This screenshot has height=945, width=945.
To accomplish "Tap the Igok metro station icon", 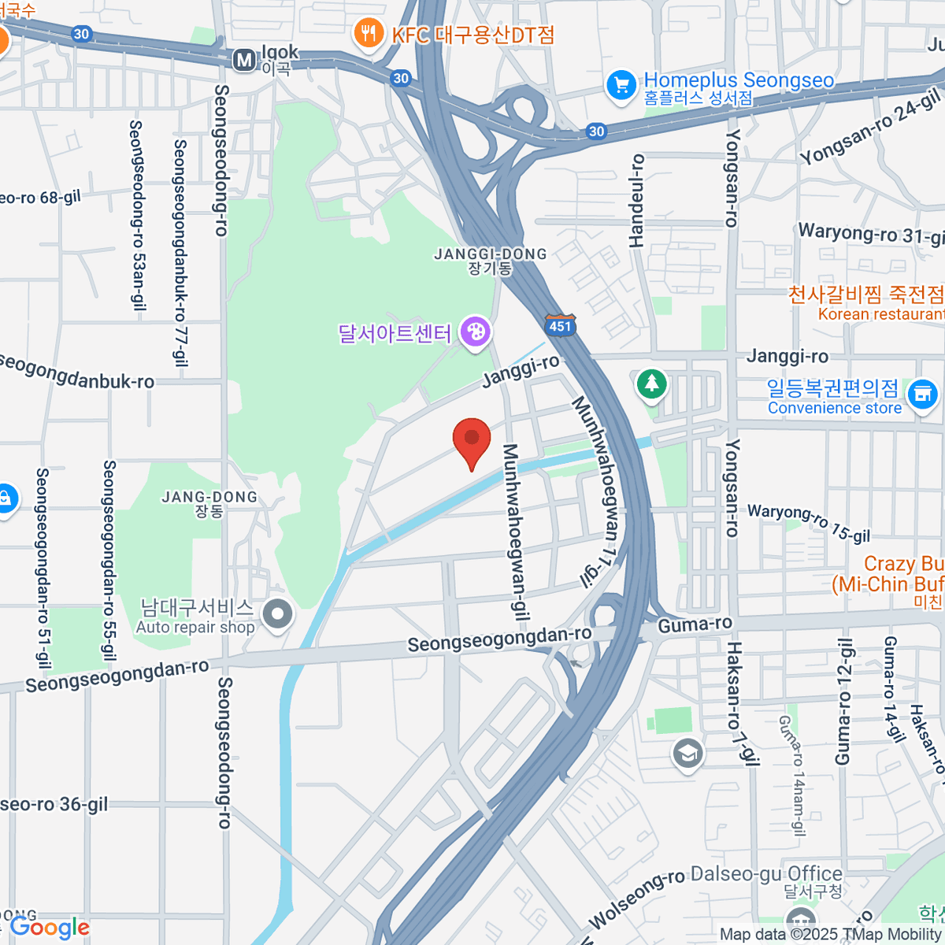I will pos(245,60).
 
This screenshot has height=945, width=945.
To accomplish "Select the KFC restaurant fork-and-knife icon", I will pos(368,33).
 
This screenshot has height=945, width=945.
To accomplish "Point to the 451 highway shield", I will pos(560,326).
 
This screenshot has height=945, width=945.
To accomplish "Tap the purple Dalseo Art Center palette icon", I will pos(476,332).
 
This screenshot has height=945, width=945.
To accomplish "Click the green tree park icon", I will pos(651,384).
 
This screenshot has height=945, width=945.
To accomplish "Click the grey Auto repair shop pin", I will pos(277,614).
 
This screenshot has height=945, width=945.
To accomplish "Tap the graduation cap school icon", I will pos(687,754).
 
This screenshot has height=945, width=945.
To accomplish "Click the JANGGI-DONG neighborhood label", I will pos(491,261).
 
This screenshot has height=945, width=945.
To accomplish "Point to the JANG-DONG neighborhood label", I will pos(209,503).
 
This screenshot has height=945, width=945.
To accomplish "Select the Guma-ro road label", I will pos(695,625).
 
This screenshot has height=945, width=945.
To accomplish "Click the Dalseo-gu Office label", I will pos(766,874).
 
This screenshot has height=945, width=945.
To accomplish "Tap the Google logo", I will pos(50,928).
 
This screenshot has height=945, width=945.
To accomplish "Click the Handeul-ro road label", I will pos(636,200).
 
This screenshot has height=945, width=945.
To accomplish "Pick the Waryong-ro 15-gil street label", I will pos(809,523).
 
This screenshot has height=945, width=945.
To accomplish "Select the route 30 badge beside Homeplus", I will pos(596,132).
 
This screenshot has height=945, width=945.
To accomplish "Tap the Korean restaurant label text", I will pos(880,314).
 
